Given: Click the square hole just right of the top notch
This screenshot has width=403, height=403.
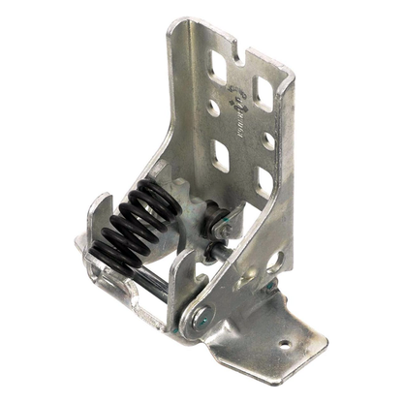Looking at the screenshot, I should point(263,89).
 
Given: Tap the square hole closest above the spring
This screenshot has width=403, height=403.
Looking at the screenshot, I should point(218,155).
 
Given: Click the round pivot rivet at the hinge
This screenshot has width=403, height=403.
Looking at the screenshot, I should point(202,313).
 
